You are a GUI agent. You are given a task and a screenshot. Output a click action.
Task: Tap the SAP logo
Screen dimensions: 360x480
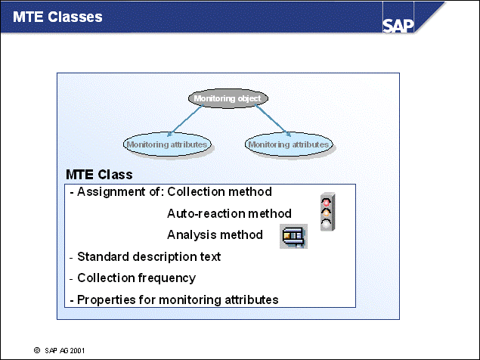[x=403, y=25]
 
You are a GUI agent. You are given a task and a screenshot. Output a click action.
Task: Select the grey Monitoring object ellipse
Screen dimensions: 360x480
[x=227, y=98]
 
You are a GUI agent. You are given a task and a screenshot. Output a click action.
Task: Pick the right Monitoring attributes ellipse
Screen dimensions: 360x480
[x=289, y=144]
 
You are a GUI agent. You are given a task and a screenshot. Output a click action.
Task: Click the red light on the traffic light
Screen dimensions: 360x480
[x=327, y=201]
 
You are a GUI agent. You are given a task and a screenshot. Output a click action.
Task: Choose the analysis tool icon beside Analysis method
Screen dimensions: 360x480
[x=293, y=236]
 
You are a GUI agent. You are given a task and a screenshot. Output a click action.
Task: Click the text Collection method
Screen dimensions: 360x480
[x=219, y=192]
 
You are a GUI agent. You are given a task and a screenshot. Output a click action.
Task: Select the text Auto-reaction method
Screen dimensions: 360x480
[x=229, y=213]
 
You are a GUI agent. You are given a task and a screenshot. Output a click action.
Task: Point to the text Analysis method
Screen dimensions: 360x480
[x=215, y=234]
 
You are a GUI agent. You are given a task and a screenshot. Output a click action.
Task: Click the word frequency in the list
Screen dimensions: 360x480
[x=167, y=278]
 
